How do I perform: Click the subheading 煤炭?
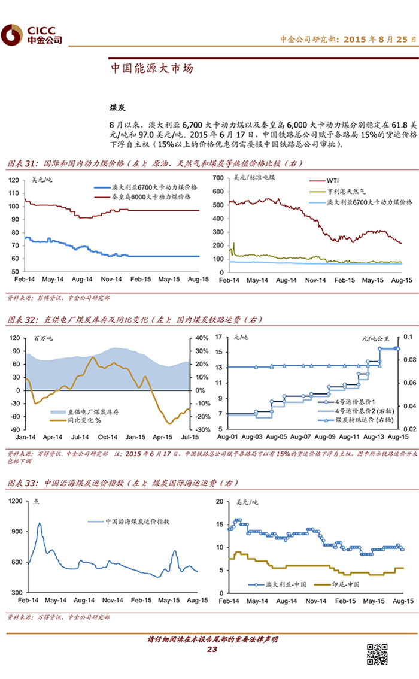click(117, 107)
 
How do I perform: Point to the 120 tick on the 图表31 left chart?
click(14, 180)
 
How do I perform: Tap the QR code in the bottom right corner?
click(377, 654)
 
